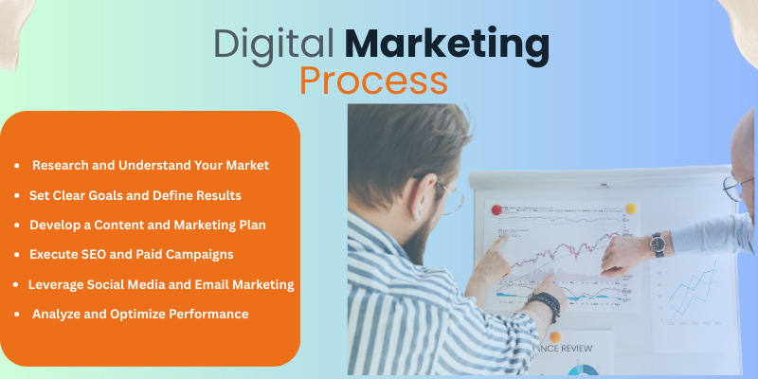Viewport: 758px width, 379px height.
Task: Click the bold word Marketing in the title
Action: pyautogui.click(x=445, y=45)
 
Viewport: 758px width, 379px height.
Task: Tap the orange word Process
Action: pyautogui.click(x=373, y=81)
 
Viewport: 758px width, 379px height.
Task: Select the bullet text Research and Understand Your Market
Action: pyautogui.click(x=151, y=165)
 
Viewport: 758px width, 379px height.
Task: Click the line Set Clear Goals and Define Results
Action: pyautogui.click(x=135, y=195)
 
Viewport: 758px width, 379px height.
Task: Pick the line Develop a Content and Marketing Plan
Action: pyautogui.click(x=147, y=225)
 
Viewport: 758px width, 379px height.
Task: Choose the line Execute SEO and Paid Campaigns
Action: pyautogui.click(x=131, y=254)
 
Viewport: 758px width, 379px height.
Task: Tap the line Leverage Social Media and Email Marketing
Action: pyautogui.click(x=161, y=284)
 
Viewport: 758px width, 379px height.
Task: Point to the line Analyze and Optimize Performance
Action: pyautogui.click(x=140, y=314)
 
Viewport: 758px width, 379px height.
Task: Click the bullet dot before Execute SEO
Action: pyautogui.click(x=17, y=255)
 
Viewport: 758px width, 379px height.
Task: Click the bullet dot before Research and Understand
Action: pyautogui.click(x=17, y=166)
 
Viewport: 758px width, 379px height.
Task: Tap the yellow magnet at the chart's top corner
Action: pyautogui.click(x=630, y=208)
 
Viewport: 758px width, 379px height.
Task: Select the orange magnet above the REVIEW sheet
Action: pyautogui.click(x=554, y=336)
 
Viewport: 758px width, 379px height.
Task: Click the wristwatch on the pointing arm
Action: pyautogui.click(x=657, y=244)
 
